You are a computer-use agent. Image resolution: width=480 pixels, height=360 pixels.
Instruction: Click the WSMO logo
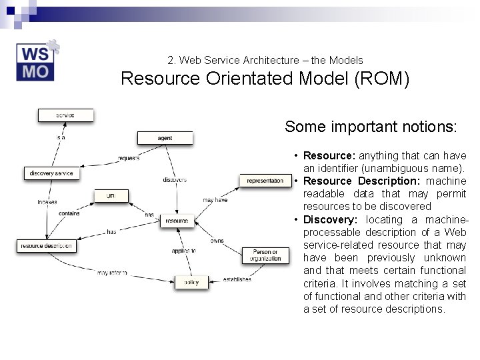37,62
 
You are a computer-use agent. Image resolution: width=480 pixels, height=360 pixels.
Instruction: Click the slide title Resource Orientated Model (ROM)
265,79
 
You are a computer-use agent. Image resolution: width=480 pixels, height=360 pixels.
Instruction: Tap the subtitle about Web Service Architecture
265,60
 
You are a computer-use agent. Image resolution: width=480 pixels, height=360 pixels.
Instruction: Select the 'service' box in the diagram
65,115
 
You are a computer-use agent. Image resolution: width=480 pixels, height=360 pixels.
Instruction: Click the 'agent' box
165,138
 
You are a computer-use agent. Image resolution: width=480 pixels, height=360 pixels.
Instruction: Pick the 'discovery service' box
51,173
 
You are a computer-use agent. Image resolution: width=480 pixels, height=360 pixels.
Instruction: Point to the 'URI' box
110,195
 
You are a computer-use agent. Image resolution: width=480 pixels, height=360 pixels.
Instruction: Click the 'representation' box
265,181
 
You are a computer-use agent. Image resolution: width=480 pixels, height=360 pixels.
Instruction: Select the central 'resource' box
177,221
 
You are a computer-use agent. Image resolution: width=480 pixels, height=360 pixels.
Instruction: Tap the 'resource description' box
46,246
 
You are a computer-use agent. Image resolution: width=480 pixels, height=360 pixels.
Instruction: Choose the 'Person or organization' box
266,255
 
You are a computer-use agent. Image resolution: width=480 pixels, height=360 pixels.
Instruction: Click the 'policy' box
191,282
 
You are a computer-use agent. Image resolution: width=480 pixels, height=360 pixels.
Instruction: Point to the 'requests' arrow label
128,158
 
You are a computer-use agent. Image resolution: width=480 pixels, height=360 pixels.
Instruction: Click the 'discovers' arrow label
174,180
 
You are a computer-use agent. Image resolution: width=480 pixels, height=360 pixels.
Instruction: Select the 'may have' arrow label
215,200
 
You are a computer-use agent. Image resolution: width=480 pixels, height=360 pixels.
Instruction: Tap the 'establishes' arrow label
237,279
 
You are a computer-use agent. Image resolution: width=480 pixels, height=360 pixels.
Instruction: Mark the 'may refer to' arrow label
111,273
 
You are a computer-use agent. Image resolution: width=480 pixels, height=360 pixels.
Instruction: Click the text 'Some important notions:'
371,127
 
